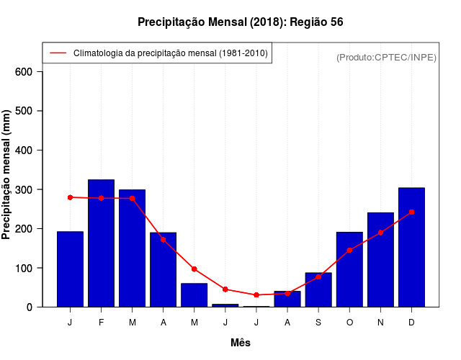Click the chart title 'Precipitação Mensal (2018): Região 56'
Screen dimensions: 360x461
[240, 22]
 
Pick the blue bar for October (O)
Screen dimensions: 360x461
[349, 269]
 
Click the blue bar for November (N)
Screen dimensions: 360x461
[380, 259]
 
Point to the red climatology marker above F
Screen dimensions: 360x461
[101, 198]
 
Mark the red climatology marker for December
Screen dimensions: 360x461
[411, 212]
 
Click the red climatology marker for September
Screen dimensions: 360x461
[318, 276]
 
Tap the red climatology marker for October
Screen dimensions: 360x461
[349, 250]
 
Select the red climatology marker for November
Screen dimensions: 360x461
[380, 233]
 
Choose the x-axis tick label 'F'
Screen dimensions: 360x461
[101, 323]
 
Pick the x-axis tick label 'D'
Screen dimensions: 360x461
[411, 323]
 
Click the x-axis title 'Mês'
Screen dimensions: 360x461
[241, 343]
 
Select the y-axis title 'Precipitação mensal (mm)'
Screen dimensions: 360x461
[7, 175]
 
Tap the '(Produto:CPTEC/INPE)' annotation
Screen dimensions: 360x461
[386, 57]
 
